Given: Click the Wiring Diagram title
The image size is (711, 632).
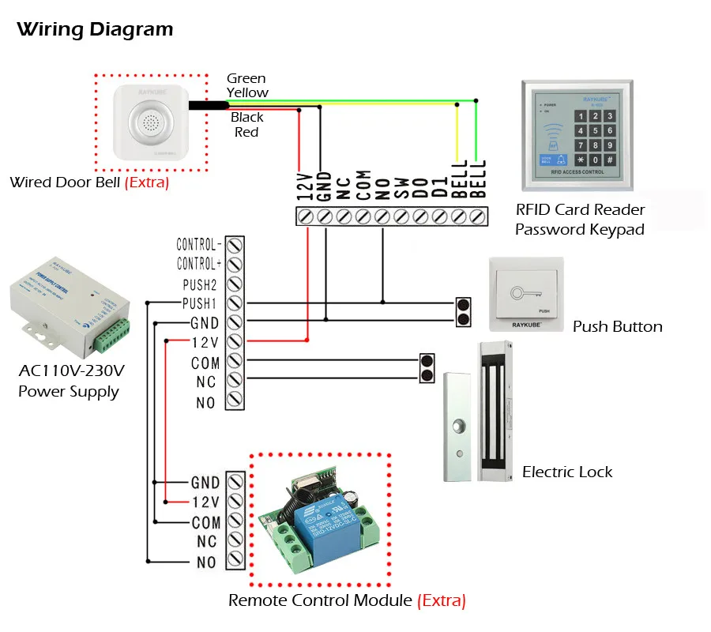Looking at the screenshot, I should coord(95,30).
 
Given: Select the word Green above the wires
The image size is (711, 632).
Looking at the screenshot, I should coord(246,78).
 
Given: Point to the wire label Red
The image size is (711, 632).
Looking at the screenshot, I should coord(246,132).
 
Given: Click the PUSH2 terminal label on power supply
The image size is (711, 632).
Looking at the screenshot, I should coord(200,283).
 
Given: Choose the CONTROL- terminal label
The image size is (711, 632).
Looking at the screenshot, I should coord(198,244).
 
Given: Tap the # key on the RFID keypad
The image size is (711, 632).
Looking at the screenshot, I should coord(609,160).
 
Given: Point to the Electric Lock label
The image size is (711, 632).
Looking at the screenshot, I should coord(567,472).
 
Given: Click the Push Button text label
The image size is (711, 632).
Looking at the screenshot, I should coord(617,326).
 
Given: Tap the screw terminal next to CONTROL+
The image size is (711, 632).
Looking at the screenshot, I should coord(234,264).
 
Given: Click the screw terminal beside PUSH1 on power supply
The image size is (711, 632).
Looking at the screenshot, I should coord(234,303).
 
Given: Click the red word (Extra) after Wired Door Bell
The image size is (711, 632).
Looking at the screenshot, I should coord(148,182).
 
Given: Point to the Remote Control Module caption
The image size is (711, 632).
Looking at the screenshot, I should coord(320,600).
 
